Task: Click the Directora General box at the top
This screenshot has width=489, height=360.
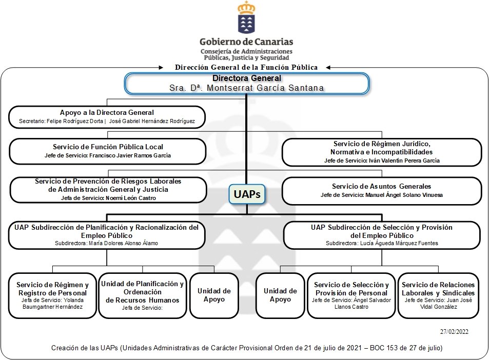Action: pos(246,83)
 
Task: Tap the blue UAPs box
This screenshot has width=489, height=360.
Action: pos(247,194)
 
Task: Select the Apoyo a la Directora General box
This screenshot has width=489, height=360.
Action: pos(107,117)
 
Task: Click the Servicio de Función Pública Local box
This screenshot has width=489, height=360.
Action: pos(107,151)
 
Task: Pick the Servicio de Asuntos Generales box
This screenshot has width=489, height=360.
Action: pos(381,190)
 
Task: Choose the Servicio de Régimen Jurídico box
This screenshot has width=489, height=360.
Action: pos(382,152)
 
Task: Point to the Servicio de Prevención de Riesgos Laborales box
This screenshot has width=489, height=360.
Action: pos(108,189)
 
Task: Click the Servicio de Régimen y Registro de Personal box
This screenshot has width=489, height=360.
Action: pos(52,295)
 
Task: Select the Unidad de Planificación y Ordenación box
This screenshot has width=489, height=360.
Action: pos(142,295)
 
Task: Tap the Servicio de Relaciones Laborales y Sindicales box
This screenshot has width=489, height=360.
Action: pos(438,295)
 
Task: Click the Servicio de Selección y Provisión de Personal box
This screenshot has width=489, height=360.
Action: pos(351,295)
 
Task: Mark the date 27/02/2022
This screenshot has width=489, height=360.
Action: pos(454,332)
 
